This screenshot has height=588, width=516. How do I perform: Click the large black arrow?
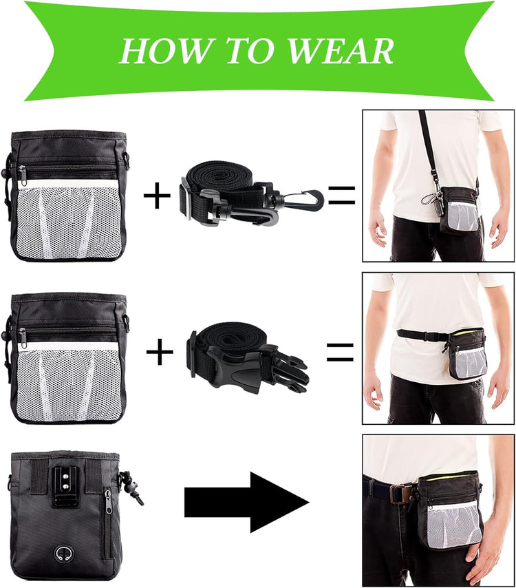(246, 502)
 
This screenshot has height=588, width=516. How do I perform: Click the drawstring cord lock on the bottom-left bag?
(128, 481)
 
